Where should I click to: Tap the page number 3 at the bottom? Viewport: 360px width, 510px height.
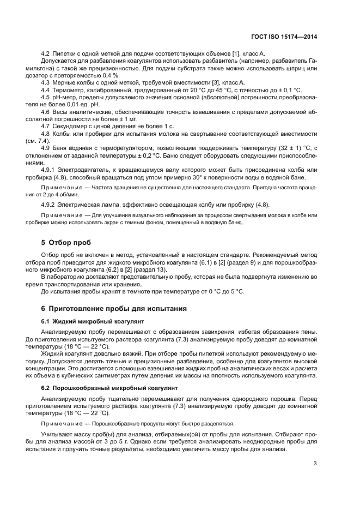[315, 464]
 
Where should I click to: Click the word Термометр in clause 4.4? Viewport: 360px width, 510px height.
[69, 89]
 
